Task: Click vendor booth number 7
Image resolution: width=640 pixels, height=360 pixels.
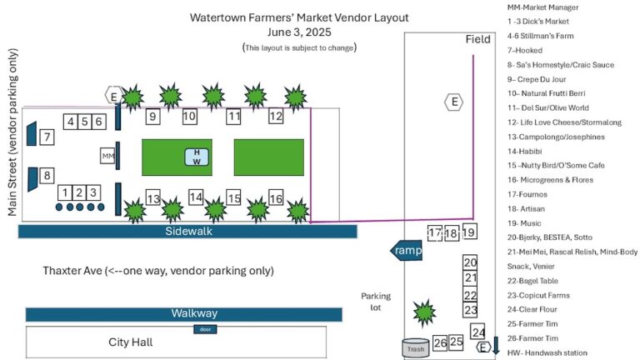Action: [x=47, y=137]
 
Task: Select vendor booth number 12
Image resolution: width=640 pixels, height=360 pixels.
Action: [x=276, y=117]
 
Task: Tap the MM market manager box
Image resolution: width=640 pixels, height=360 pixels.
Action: [x=107, y=156]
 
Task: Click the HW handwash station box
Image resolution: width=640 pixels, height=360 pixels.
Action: [x=197, y=157]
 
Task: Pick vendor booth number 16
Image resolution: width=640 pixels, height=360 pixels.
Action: [x=276, y=198]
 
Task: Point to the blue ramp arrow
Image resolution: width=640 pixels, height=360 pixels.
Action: [x=406, y=250]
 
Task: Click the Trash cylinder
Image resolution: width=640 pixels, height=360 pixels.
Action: [x=415, y=348]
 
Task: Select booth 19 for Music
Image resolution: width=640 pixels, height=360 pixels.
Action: [x=469, y=232]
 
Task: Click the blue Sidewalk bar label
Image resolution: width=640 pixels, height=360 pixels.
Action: [x=187, y=231]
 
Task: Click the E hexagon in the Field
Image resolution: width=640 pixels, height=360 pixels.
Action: [x=453, y=102]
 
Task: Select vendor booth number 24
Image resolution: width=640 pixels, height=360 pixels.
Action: [x=478, y=332]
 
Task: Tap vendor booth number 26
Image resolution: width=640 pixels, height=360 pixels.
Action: [x=440, y=342]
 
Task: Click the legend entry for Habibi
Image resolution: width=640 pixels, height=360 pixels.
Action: [x=526, y=151]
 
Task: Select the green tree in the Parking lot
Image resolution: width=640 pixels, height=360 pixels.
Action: [x=425, y=313]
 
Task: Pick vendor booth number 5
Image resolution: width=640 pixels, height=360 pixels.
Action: [x=84, y=122]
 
